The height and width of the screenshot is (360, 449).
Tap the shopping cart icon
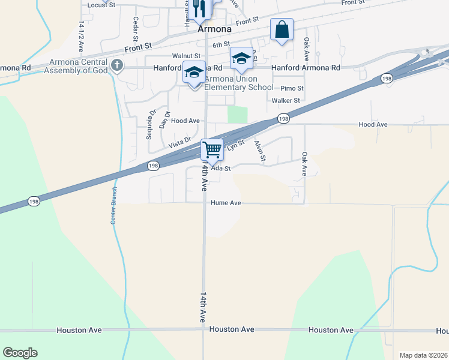[x=211, y=149]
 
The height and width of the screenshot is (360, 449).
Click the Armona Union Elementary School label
[x=239, y=83]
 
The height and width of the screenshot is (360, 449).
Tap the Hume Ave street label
[x=226, y=203]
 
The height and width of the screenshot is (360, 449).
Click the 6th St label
[x=221, y=44]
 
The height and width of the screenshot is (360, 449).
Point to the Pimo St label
[x=292, y=88]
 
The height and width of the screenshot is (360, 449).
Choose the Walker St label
[x=286, y=101]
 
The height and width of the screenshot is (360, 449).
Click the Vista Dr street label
[x=179, y=142]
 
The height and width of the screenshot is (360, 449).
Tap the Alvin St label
[x=260, y=151]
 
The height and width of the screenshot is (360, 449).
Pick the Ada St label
[x=222, y=169]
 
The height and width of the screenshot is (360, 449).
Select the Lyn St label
[x=235, y=145]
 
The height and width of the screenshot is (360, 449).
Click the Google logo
[x=20, y=353]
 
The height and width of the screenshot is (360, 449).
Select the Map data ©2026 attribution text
[x=423, y=355]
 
